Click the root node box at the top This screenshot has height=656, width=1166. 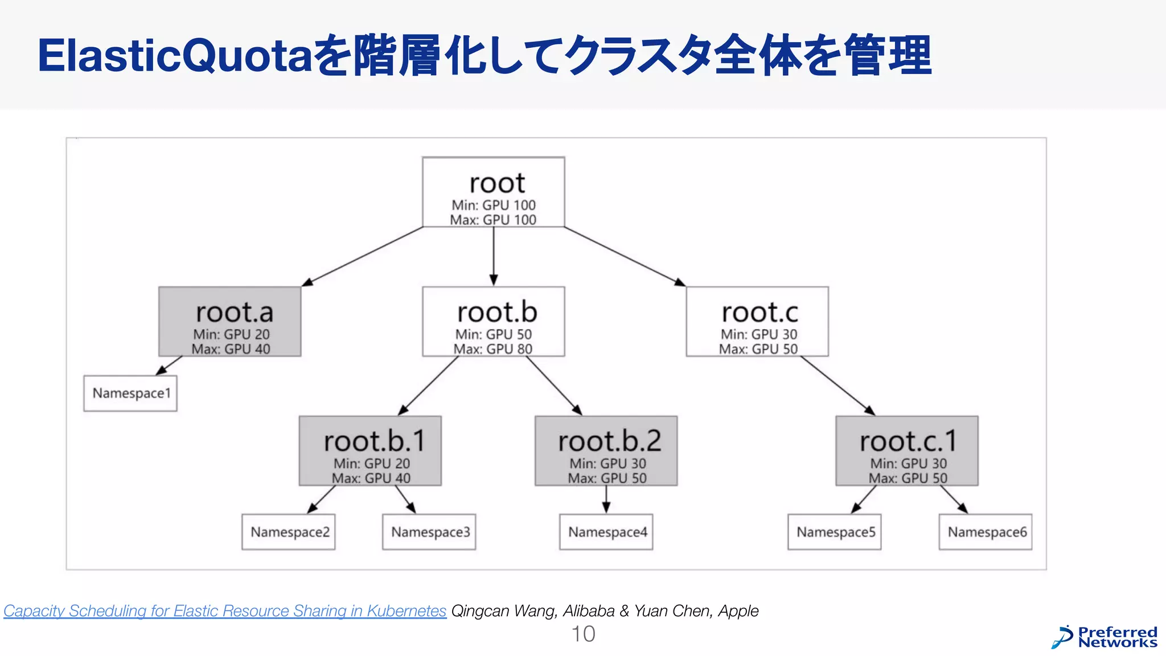(x=493, y=192)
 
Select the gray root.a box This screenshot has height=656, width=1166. (x=230, y=322)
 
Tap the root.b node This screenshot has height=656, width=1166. (x=493, y=322)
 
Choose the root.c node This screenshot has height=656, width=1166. (x=757, y=322)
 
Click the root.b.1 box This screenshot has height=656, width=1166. (x=370, y=451)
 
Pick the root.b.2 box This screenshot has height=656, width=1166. (x=606, y=451)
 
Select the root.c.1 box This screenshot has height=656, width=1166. (x=907, y=451)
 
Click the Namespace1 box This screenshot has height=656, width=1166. (x=130, y=393)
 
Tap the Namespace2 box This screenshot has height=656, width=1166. (x=289, y=532)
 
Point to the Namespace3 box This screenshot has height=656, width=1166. (x=429, y=532)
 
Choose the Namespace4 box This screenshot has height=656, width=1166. (x=606, y=532)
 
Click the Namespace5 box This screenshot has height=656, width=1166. (x=835, y=532)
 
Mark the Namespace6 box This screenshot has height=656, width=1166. (x=986, y=532)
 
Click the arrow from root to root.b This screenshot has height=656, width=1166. (x=494, y=256)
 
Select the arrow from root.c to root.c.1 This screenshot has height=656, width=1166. (x=837, y=386)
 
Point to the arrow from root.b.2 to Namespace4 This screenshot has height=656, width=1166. (x=606, y=499)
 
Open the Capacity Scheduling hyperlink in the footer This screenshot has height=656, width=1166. (x=225, y=611)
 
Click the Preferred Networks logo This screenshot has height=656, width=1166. (x=1105, y=637)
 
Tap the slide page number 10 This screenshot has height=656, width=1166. (x=583, y=634)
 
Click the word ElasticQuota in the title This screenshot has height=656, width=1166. (x=175, y=56)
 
